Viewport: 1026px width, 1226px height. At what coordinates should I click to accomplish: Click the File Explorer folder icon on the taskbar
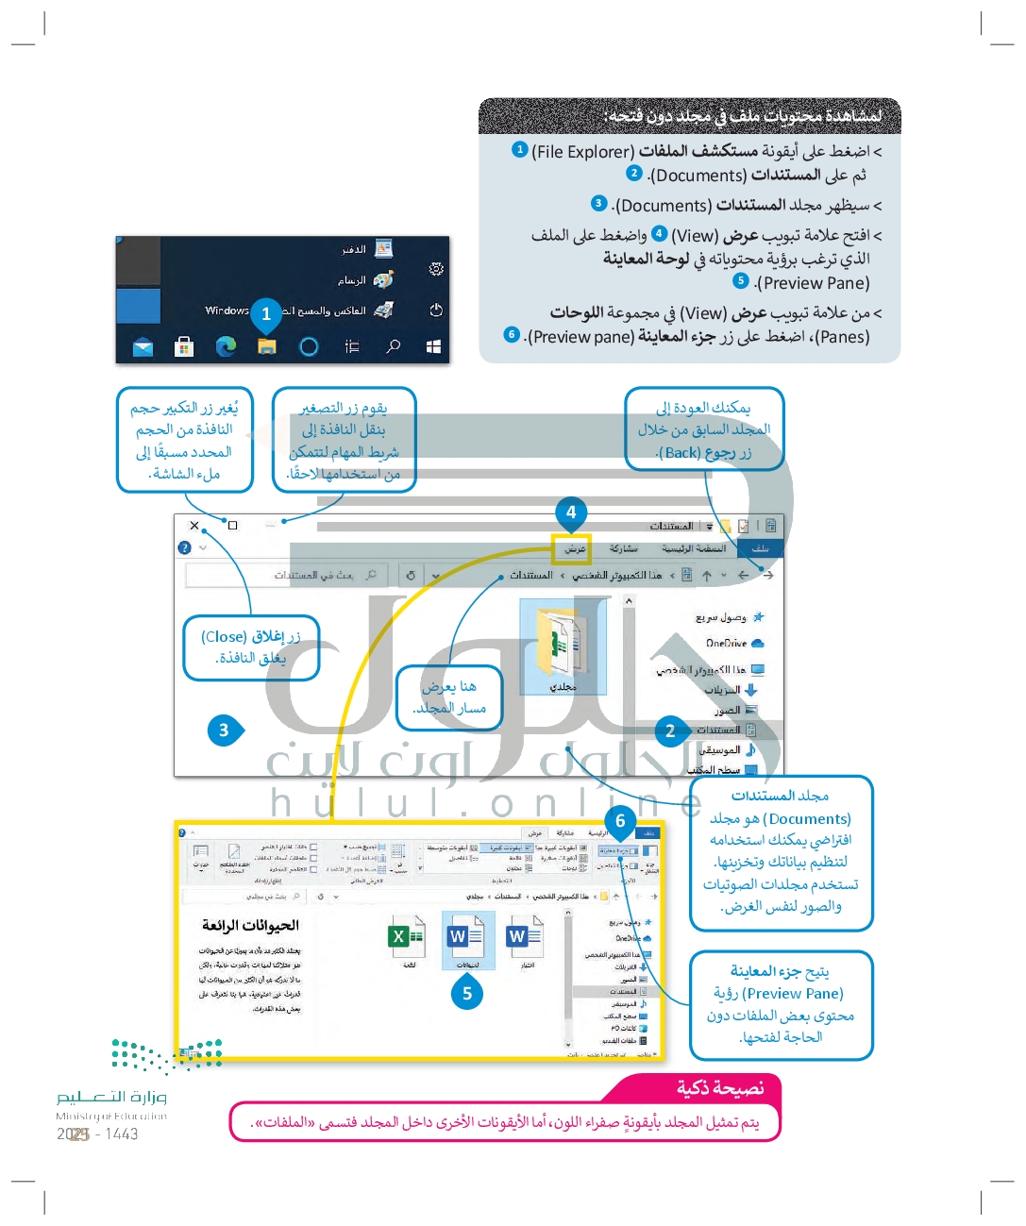267,346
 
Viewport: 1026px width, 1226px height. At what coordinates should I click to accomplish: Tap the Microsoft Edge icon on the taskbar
226,346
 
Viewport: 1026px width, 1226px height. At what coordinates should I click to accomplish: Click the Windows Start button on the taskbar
433,346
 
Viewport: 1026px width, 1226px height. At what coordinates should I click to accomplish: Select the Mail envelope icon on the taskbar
143,347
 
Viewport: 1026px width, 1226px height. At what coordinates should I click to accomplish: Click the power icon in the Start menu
435,310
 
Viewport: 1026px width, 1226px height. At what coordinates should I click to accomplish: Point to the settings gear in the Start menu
435,269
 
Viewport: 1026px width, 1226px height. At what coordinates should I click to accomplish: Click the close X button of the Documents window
194,526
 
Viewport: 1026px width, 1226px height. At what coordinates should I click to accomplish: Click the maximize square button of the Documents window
233,526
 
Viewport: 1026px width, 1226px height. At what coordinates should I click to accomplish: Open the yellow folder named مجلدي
563,645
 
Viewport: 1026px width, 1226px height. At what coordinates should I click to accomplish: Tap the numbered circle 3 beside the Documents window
224,730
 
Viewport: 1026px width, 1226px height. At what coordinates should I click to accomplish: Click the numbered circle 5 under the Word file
467,993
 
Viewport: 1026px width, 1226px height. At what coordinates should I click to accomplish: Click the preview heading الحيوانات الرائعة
250,925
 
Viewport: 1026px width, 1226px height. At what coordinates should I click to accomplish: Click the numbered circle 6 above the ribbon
620,821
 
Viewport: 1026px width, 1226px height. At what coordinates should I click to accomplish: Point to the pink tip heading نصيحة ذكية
720,1088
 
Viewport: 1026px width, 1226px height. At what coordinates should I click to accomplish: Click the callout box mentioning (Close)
251,647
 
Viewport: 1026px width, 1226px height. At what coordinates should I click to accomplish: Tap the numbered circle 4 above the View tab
571,512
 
